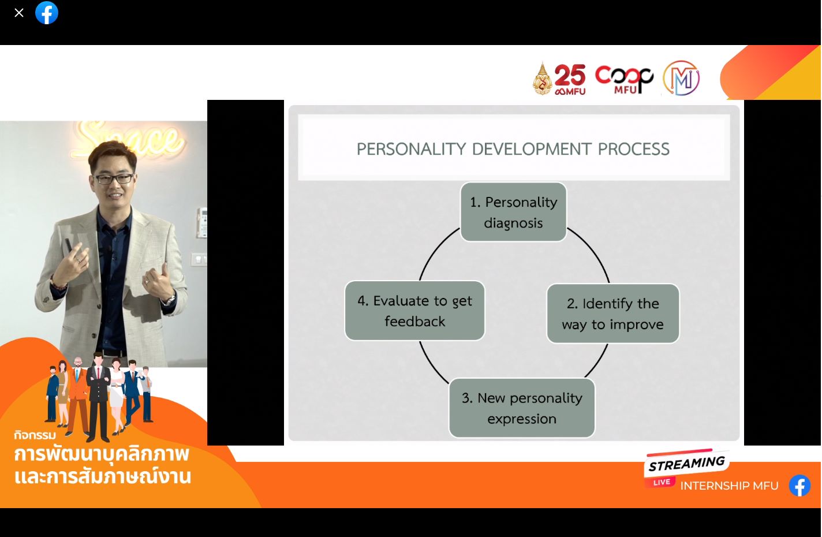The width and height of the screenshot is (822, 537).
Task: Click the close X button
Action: (x=19, y=13)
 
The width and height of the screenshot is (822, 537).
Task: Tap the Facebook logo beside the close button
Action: (x=47, y=13)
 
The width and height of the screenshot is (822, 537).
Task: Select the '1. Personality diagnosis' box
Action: (x=513, y=212)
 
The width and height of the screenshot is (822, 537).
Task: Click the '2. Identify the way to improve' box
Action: (x=613, y=314)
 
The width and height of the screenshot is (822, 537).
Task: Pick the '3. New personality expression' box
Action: (x=522, y=408)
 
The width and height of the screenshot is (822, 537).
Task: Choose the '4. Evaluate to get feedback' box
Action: (x=414, y=311)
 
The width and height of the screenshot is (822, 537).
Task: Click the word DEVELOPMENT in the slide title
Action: (x=532, y=150)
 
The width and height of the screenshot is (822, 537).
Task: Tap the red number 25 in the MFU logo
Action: (x=570, y=75)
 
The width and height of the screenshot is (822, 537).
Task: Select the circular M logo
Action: (x=682, y=78)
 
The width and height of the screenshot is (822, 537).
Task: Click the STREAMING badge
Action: (x=686, y=463)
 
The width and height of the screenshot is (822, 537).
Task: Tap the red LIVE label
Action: (x=662, y=482)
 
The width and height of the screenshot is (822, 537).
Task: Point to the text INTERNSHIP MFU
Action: (x=729, y=486)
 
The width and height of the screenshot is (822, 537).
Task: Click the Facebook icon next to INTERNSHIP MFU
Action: (x=800, y=486)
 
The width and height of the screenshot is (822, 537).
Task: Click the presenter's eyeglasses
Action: (x=113, y=179)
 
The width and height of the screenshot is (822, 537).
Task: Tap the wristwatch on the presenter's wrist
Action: (x=170, y=300)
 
